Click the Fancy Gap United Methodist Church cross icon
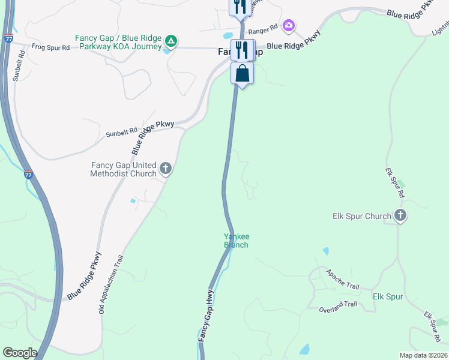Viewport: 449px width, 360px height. (166, 170)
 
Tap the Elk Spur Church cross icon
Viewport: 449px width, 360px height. (400, 216)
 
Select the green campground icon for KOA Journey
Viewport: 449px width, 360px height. (171, 41)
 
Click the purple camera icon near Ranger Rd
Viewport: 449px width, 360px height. (289, 25)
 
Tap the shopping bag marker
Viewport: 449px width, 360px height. (242, 74)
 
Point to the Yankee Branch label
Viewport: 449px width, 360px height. (236, 241)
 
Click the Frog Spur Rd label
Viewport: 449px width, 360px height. (50, 46)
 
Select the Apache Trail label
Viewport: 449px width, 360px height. (343, 279)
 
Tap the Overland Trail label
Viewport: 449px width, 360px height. (339, 305)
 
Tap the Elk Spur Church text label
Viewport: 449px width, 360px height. (361, 216)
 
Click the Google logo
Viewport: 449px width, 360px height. (20, 352)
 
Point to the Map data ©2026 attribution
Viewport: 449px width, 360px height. (423, 355)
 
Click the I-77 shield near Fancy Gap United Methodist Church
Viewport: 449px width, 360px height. (28, 174)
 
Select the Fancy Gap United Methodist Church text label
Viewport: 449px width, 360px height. (124, 170)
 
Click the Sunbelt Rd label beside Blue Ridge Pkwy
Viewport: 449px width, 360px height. (122, 130)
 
